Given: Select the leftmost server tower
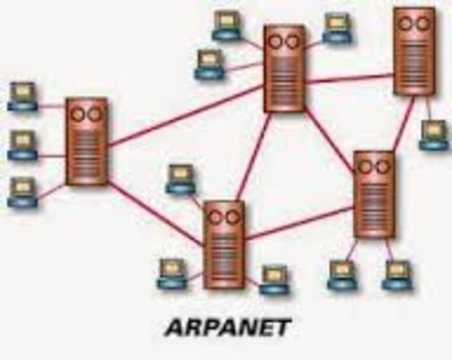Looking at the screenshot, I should pos(86,141).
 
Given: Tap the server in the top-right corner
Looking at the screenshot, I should pos(414,51).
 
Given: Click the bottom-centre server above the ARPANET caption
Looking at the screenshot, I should pos(224,244).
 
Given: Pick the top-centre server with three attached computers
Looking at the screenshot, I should pos(285,68).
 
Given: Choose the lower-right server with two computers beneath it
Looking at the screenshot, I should pos(373,193).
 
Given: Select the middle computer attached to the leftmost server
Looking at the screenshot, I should pos(23,145).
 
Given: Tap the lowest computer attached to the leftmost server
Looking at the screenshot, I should pos(23,191).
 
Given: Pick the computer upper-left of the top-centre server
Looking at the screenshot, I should pos(226,25).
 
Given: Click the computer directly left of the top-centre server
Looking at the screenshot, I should pos(209,64).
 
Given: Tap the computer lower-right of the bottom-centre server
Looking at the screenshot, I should pos(274,278).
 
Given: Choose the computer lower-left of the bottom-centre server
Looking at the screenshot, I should pos(172,274).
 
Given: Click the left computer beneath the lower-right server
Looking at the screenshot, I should pos(342,275).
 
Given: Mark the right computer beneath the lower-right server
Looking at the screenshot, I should pos(396,275).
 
